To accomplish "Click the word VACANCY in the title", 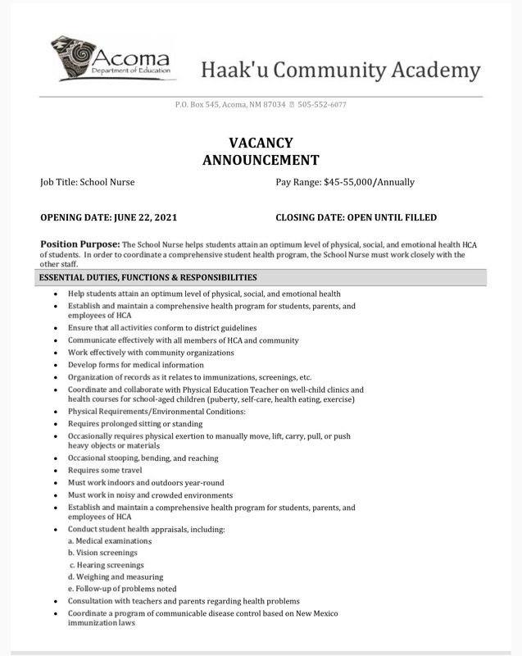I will point(261,143).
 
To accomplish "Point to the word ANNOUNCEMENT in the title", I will point(261,160).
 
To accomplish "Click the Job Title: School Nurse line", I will point(88,182).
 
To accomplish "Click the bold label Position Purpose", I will point(79,244).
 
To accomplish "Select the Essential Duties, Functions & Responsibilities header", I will point(148,278).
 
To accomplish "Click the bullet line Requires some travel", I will point(105,471).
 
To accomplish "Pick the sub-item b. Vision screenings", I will point(102,553).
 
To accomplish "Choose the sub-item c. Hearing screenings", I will point(107,565).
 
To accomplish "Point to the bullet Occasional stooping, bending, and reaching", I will point(143,458).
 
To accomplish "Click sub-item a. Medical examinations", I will point(111,541).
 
